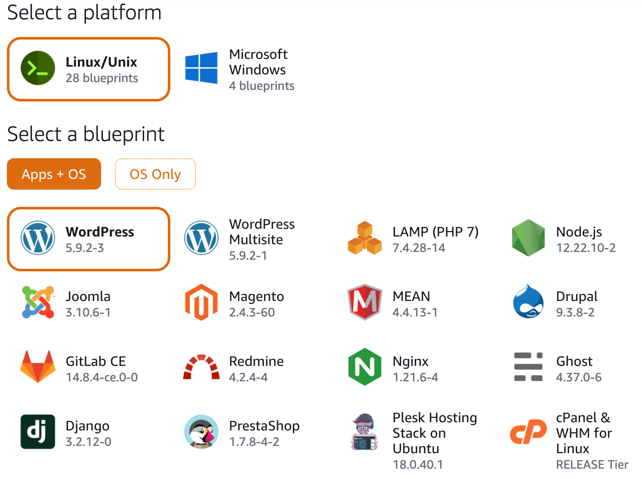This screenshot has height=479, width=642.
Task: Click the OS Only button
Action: [155, 174]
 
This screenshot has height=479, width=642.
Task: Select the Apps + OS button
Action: [54, 174]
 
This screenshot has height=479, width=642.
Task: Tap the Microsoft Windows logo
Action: [201, 68]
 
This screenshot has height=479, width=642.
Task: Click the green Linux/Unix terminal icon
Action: [38, 68]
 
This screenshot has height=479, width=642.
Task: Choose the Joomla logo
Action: [38, 302]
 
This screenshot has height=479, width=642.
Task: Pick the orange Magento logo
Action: [201, 302]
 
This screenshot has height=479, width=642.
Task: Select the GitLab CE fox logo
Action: [38, 367]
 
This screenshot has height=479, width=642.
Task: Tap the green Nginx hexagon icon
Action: [365, 367]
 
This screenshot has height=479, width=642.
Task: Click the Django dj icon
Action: [38, 432]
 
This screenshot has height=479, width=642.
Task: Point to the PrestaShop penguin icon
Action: [201, 432]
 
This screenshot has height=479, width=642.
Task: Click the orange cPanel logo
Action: [528, 432]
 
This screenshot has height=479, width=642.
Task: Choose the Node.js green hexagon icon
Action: [528, 238]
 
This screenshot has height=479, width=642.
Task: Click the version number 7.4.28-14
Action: [419, 248]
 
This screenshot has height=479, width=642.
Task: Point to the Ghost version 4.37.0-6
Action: [579, 378]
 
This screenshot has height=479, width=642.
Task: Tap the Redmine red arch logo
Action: [201, 367]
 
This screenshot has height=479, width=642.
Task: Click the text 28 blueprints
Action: [102, 78]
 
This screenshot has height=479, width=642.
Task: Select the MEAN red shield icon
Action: [365, 302]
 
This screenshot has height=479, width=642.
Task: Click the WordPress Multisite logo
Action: [201, 238]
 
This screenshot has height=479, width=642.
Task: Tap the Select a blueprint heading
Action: [86, 134]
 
